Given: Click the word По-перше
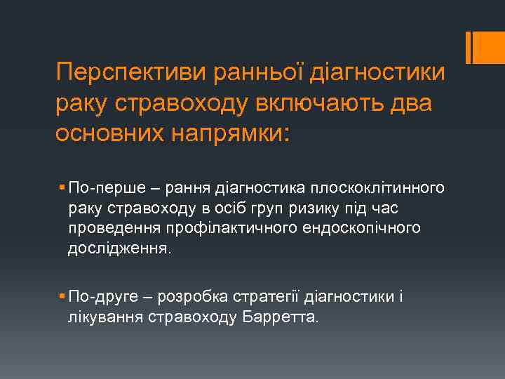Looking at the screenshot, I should (98, 188).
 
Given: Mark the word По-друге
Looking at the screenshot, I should (97, 297).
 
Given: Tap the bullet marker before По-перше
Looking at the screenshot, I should (63, 188).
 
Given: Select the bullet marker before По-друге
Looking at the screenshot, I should (63, 297).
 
